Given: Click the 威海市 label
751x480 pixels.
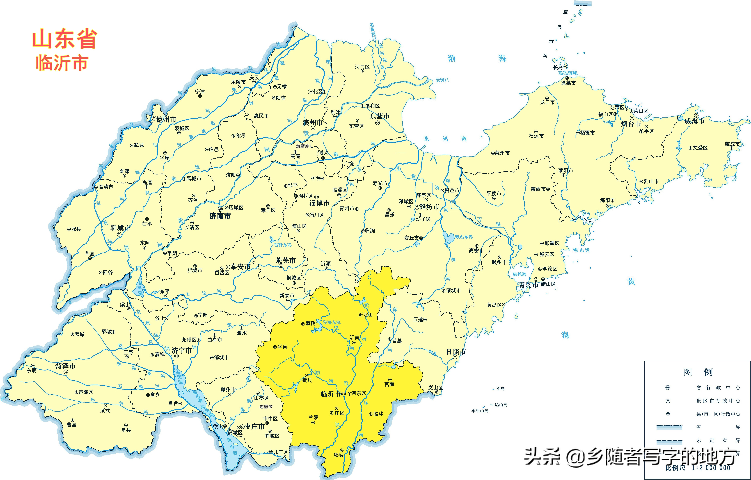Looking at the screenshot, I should (695, 121).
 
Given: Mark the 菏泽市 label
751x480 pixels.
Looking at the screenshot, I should (65, 366).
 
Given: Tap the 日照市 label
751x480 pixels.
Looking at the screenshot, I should (456, 352).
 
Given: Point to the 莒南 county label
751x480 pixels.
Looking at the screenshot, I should (389, 384).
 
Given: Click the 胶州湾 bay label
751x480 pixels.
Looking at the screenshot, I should (519, 274).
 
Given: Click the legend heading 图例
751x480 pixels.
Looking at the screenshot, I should (698, 372).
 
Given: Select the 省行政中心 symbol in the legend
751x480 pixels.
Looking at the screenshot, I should (668, 388).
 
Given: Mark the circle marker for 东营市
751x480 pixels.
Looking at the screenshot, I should (377, 123).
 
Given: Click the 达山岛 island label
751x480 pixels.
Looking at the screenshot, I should (501, 405).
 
